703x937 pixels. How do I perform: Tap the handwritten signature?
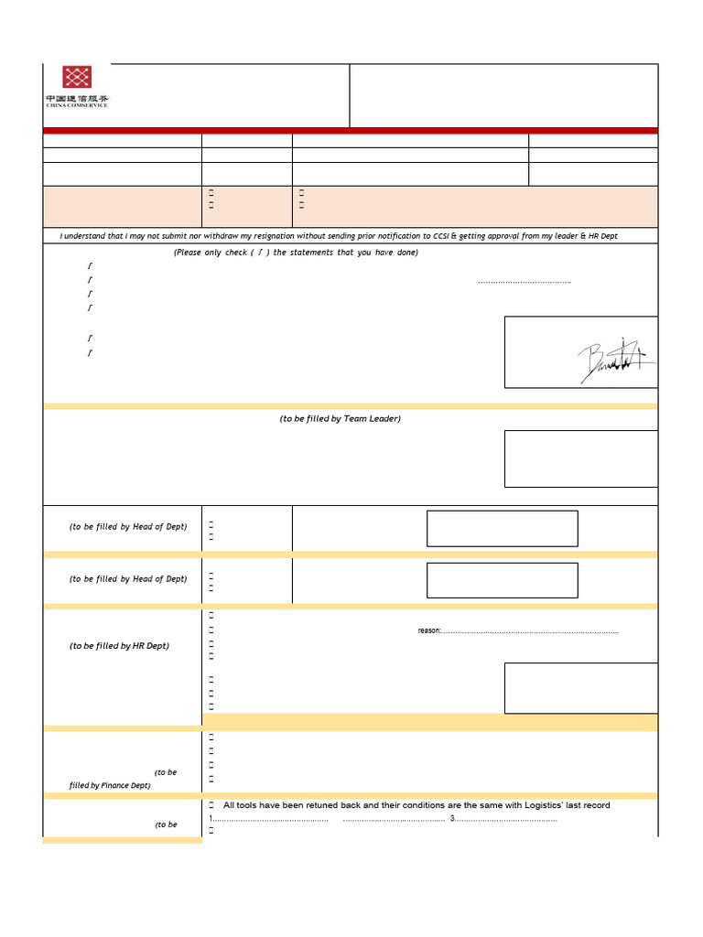pyautogui.click(x=615, y=361)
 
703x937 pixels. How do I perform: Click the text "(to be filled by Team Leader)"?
pyautogui.click(x=340, y=418)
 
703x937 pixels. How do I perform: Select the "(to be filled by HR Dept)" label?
pyautogui.click(x=119, y=646)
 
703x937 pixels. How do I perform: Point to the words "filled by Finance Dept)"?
pyautogui.click(x=110, y=785)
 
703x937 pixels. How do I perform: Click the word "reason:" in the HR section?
pyautogui.click(x=429, y=630)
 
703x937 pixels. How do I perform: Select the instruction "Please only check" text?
pyautogui.click(x=212, y=253)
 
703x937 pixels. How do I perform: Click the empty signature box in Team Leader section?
pyautogui.click(x=580, y=458)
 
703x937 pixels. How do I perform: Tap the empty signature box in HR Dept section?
pyautogui.click(x=580, y=688)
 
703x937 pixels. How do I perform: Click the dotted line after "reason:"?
pyautogui.click(x=530, y=630)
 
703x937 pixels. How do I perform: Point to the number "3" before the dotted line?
pyautogui.click(x=452, y=818)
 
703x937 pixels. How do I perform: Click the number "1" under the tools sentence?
pyautogui.click(x=211, y=818)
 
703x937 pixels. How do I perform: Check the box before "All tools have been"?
pyautogui.click(x=211, y=805)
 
